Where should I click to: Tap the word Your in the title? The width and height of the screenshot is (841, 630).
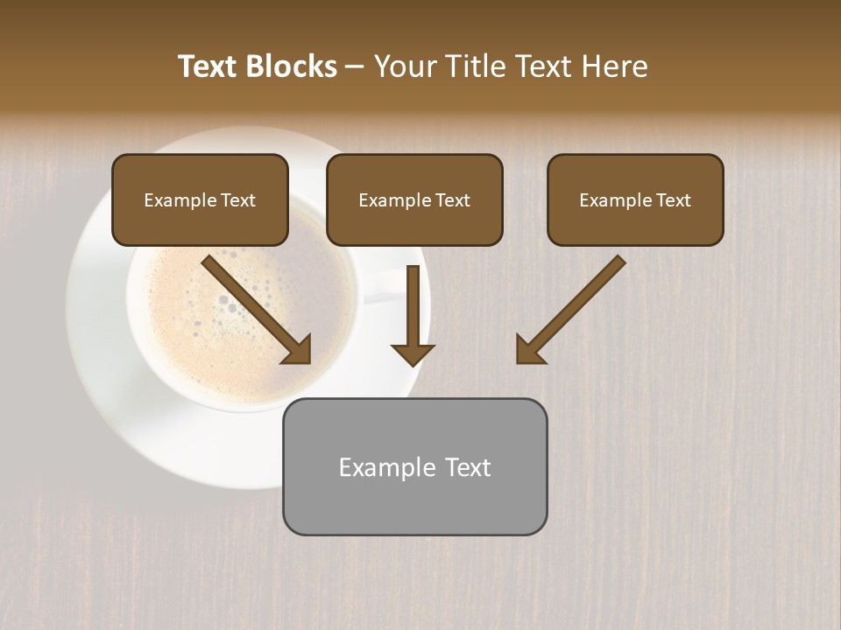406,66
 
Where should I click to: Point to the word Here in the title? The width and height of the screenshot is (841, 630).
617,66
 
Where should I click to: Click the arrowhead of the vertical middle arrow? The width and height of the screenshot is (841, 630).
413,353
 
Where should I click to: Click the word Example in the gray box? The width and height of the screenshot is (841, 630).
381,468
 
